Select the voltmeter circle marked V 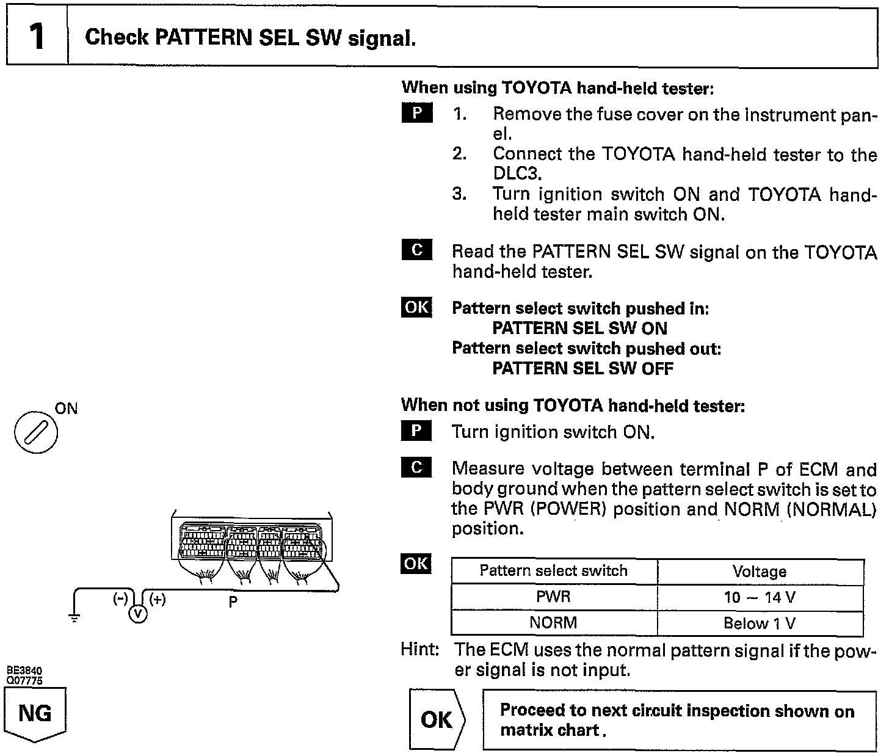pyautogui.click(x=138, y=614)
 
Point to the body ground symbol pyautogui.click(x=74, y=618)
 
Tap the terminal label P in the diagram pyautogui.click(x=233, y=602)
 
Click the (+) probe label pyautogui.click(x=157, y=599)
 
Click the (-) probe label pyautogui.click(x=121, y=599)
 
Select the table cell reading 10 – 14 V pyautogui.click(x=760, y=597)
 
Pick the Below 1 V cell pyautogui.click(x=760, y=623)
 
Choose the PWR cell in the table pyautogui.click(x=553, y=597)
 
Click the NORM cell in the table pyautogui.click(x=553, y=623)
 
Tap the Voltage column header pyautogui.click(x=760, y=572)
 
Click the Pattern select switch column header pyautogui.click(x=553, y=571)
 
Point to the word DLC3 pyautogui.click(x=517, y=173)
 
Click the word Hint pyautogui.click(x=419, y=649)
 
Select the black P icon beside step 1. pyautogui.click(x=417, y=114)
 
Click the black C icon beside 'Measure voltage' pyautogui.click(x=416, y=467)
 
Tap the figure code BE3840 pyautogui.click(x=24, y=671)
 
